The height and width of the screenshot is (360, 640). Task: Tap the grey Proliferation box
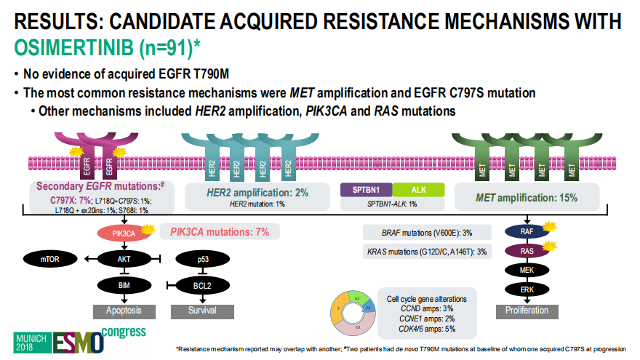click(528, 311)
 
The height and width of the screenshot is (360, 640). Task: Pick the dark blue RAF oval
click(529, 232)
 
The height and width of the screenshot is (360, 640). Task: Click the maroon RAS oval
click(529, 252)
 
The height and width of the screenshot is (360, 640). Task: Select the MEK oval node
click(529, 271)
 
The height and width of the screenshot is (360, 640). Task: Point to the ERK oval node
click(529, 289)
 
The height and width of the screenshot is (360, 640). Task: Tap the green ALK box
click(418, 190)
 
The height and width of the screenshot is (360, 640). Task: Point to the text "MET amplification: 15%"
click(527, 196)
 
